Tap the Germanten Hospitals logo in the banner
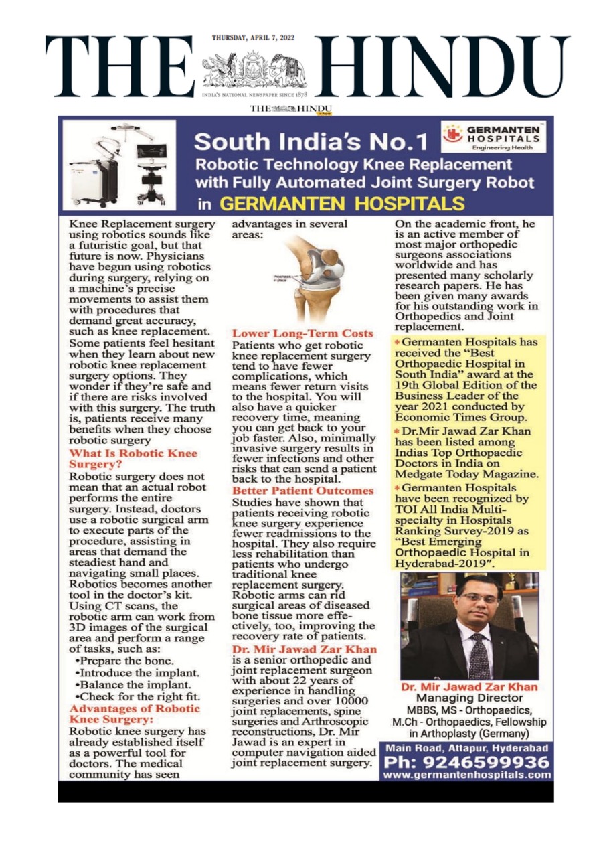pyautogui.click(x=495, y=135)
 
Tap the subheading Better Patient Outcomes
pyautogui.click(x=302, y=491)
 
